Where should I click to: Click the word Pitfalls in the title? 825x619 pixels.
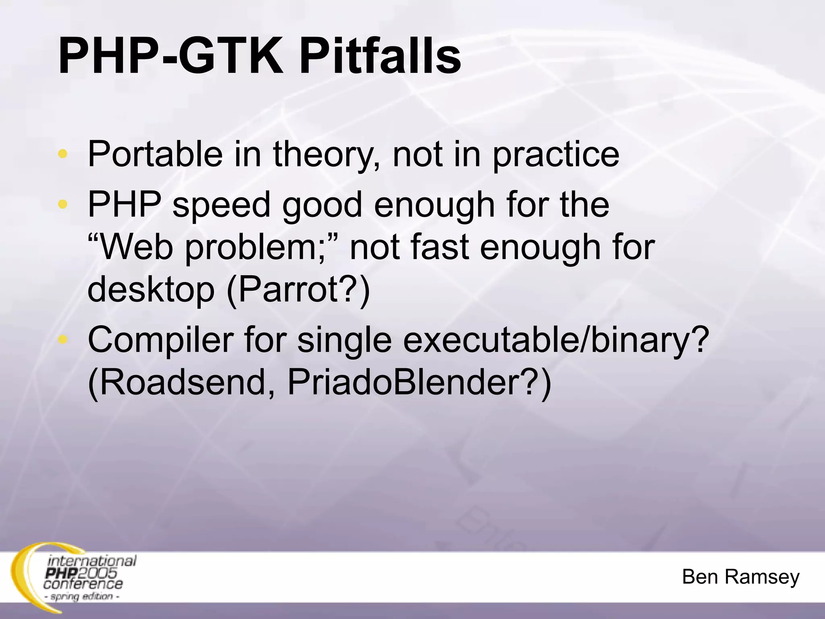click(x=379, y=56)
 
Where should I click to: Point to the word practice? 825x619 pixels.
click(x=556, y=155)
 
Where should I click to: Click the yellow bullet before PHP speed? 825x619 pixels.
click(x=63, y=204)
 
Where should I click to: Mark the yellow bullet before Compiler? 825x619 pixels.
click(x=63, y=340)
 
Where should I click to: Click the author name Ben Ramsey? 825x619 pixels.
click(x=740, y=577)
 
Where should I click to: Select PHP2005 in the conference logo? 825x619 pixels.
click(x=81, y=573)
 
